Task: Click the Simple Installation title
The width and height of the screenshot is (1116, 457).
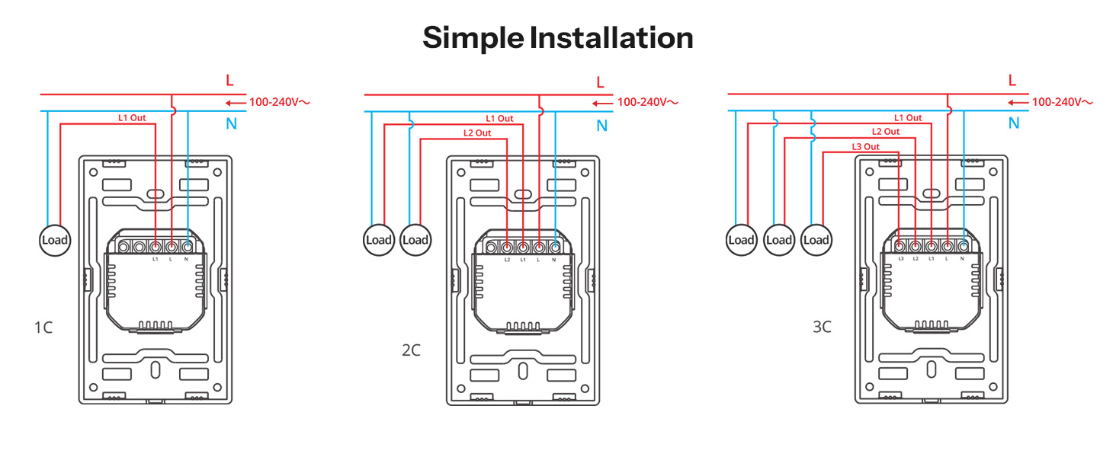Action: pos(558,38)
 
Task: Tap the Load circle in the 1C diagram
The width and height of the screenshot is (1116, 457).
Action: pos(55,241)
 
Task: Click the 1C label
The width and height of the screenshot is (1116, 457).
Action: pos(43,328)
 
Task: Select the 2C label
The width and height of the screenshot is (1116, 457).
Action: pos(411,350)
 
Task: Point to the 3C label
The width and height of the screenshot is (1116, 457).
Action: pos(822,327)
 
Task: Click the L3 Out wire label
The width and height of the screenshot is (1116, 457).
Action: pos(865,147)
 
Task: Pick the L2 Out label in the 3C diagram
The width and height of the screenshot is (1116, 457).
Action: pos(885,132)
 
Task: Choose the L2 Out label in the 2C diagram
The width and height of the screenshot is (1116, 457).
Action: pos(476,133)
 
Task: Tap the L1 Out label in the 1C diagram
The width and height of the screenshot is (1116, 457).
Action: pos(132,118)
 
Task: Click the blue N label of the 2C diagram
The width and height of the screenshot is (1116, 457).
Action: pos(602,126)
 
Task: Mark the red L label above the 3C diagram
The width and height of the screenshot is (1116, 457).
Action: pos(1012,80)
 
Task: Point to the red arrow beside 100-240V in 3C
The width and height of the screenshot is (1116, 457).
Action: pos(1018,103)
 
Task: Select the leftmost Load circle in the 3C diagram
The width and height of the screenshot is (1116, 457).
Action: pos(742,240)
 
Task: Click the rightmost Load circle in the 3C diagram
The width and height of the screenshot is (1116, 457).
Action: pos(816,240)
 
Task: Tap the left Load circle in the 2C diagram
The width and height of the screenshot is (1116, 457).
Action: pos(379,241)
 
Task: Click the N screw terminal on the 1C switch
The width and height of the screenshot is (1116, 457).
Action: pos(188,247)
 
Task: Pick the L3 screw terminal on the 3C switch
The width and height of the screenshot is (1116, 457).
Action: pos(900,246)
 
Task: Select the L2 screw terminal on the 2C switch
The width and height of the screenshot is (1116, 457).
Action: pos(507,247)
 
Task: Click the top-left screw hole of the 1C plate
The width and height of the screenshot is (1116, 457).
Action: pos(93,173)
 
